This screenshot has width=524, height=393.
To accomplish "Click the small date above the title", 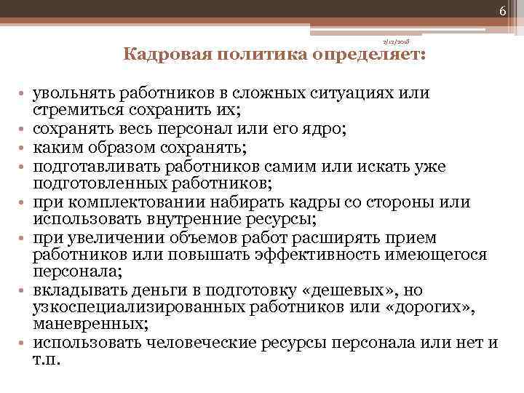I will [398, 43].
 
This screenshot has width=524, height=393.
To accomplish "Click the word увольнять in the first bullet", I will [65, 94].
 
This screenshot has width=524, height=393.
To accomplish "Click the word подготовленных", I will [90, 183].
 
